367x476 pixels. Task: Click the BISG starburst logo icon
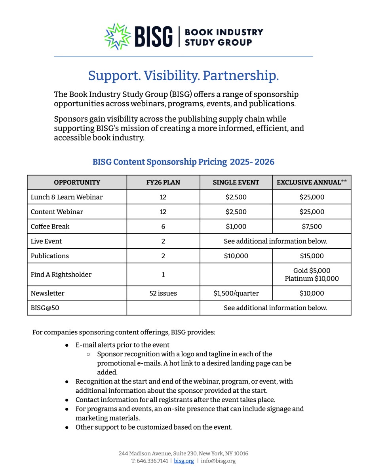[117, 37]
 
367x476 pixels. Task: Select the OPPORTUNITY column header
[77, 182]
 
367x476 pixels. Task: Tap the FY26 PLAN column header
[163, 182]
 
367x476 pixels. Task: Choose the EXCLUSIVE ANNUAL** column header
[312, 182]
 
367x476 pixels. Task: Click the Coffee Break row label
[50, 226]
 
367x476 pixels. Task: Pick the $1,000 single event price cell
[236, 226]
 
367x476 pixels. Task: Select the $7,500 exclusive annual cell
[312, 226]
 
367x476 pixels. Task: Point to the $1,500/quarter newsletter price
[236, 294]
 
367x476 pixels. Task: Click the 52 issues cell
[163, 294]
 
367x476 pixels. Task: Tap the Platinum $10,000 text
[312, 278]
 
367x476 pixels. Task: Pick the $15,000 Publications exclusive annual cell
[312, 256]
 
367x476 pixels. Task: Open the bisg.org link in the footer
[184, 461]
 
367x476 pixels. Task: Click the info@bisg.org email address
[218, 461]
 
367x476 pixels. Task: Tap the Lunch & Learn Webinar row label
[67, 197]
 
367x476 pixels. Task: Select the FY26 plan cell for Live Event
[163, 241]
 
